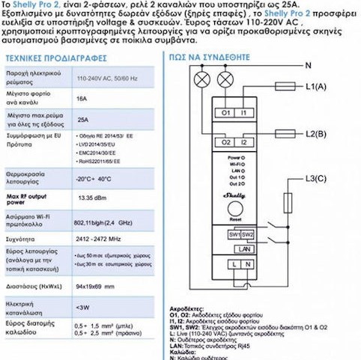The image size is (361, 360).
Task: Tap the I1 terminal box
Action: coord(244,112)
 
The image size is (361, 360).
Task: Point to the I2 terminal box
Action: coord(244,141)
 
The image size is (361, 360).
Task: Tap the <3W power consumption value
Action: coord(83,306)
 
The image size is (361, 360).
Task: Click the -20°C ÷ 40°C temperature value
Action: coord(94,179)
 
